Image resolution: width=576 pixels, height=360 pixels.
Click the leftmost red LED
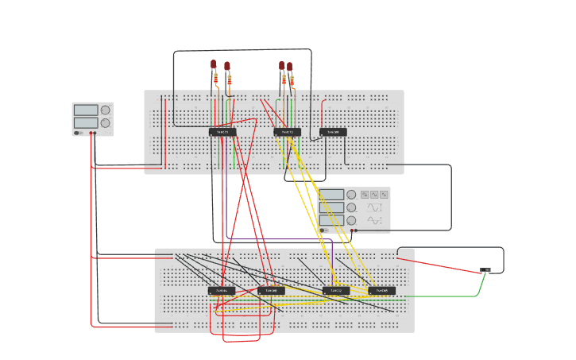pos(214,64)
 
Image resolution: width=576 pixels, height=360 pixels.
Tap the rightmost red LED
pos(290,67)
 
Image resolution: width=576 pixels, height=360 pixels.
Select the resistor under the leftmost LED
pos(215,78)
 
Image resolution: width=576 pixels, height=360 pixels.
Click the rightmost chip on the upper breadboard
pos(333,132)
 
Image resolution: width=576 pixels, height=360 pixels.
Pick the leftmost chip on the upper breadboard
pos(222,132)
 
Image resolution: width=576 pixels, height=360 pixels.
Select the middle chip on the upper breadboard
pos(287,132)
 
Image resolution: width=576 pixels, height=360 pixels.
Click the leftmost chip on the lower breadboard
pos(222,291)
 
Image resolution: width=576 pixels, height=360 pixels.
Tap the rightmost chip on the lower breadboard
pos(381,291)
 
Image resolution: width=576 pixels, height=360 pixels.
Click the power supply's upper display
pos(86,110)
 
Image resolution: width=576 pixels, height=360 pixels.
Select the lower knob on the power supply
pos(105,123)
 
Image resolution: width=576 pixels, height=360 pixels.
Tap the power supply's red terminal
pos(91,133)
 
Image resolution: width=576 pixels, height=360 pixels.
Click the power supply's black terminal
pos(95,133)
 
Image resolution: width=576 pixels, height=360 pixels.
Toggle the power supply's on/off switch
pos(78,133)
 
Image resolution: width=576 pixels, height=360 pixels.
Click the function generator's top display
pos(332,195)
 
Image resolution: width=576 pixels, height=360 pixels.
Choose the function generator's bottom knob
pos(351,220)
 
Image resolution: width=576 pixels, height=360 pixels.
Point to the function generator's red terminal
pos(351,230)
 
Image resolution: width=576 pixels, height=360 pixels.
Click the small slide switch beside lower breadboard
pos(485,270)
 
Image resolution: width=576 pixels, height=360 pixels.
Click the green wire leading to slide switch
pos(461,296)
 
